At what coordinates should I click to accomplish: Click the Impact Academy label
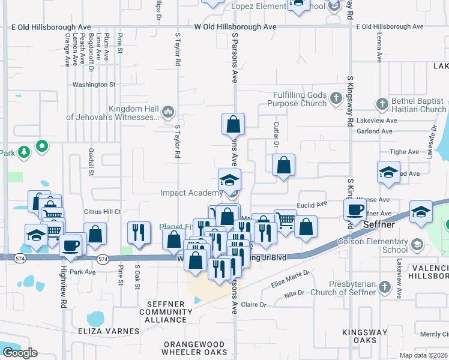[191, 193]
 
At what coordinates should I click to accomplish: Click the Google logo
[20, 353]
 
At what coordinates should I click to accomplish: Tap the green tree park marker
[24, 152]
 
